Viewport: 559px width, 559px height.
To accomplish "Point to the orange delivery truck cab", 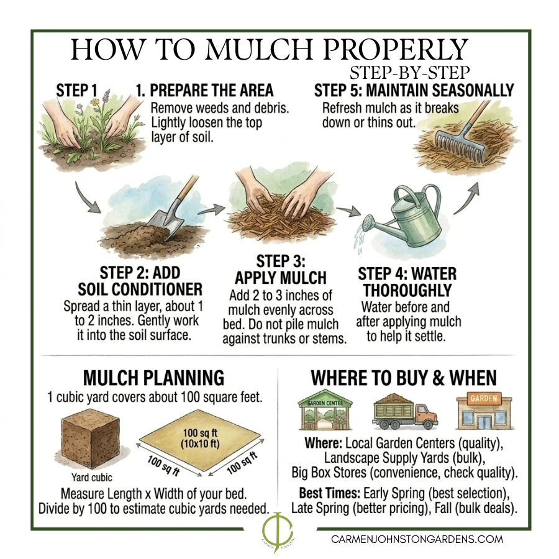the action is pyautogui.click(x=426, y=416).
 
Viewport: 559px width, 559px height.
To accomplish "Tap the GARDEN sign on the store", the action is pyautogui.click(x=484, y=398).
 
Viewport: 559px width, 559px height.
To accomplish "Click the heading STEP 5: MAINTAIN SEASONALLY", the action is pyautogui.click(x=414, y=91).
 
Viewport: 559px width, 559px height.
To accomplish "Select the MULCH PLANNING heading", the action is pyautogui.click(x=153, y=378).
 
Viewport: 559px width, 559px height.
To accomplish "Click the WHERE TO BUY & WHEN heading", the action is pyautogui.click(x=404, y=378).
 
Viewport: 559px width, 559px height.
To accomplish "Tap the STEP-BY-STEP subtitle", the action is pyautogui.click(x=410, y=73).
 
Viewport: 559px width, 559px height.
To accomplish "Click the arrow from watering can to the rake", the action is pyautogui.click(x=466, y=198).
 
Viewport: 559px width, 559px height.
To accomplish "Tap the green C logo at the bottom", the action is pyautogui.click(x=278, y=530).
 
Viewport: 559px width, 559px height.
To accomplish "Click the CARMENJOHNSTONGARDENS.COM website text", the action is pyautogui.click(x=417, y=539).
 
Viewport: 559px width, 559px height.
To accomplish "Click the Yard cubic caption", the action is pyautogui.click(x=92, y=478).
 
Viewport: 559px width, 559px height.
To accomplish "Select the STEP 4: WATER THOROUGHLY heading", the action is pyautogui.click(x=407, y=282).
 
